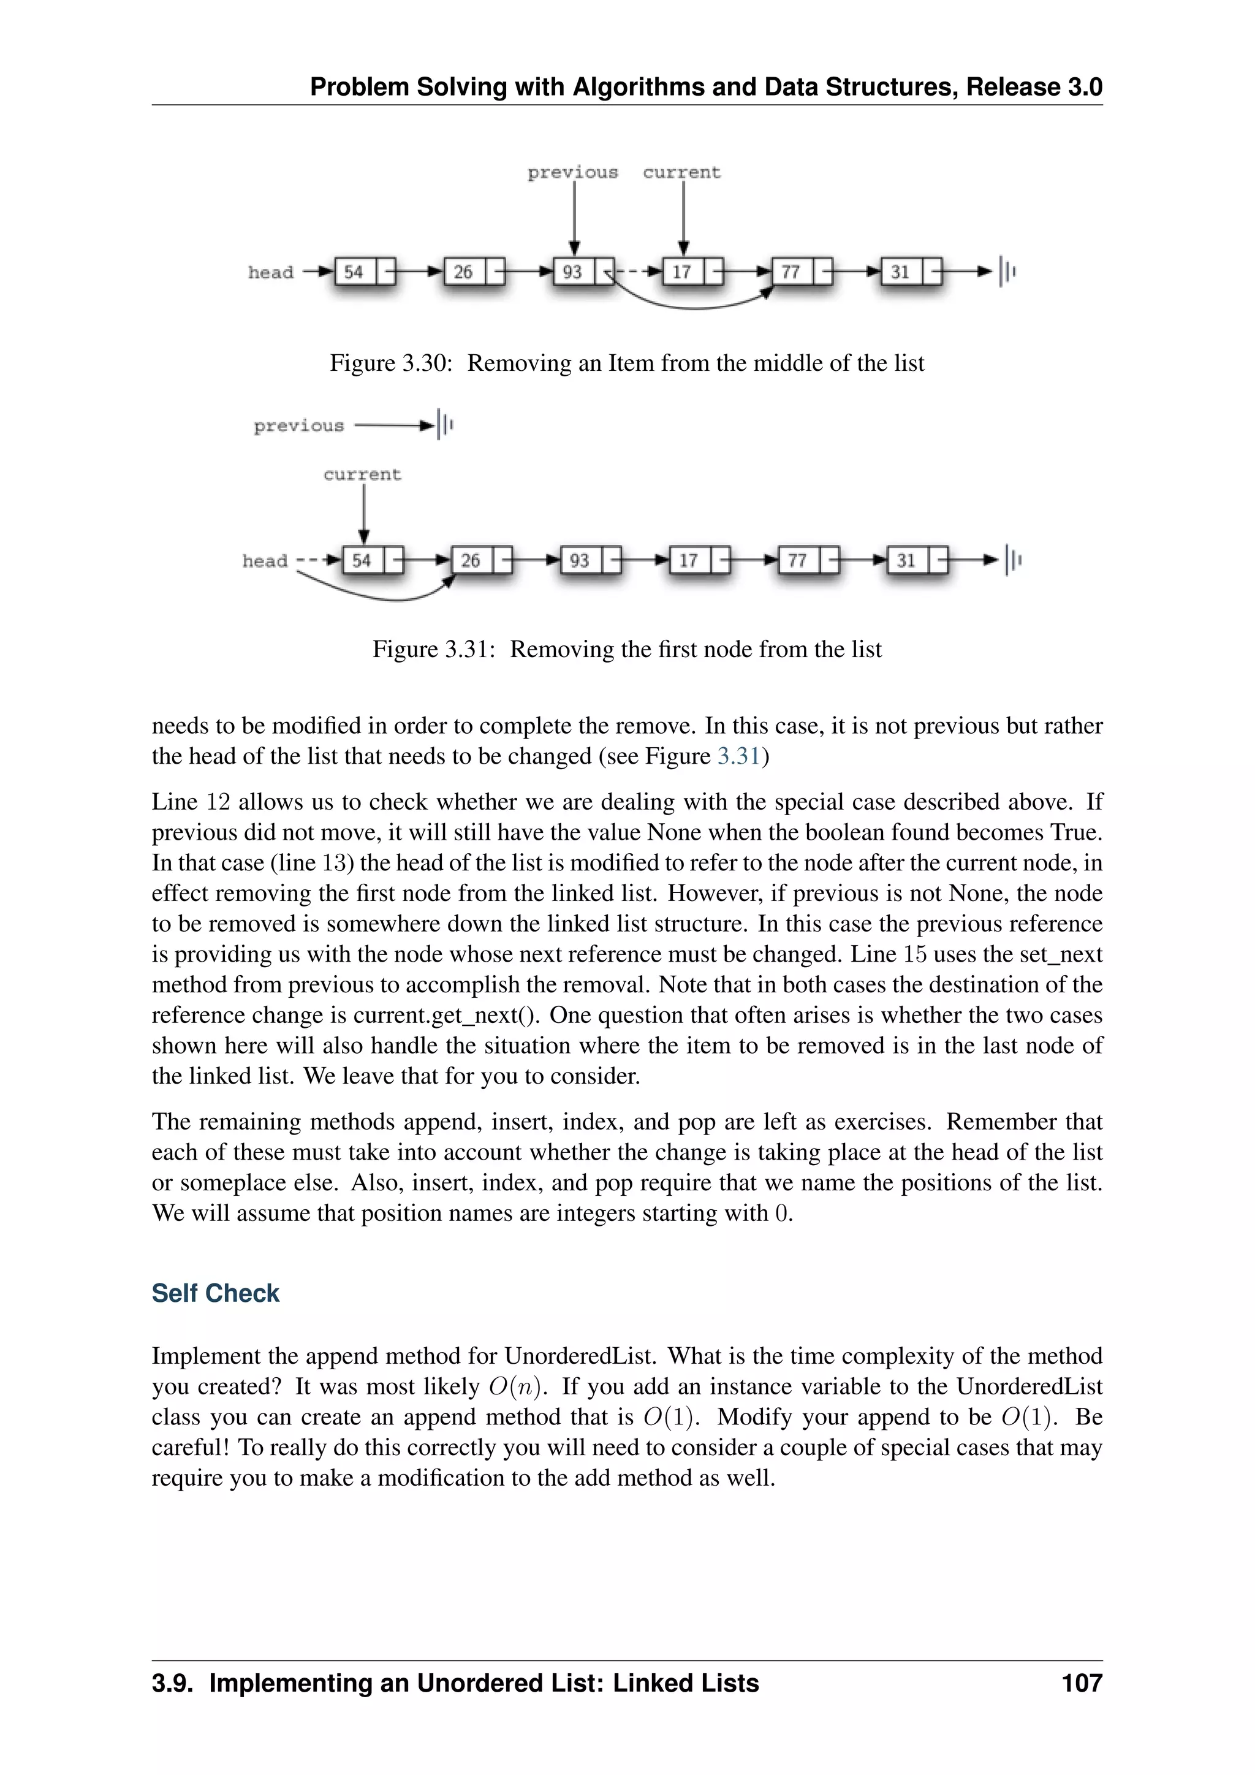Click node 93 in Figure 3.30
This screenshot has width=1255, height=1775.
coord(572,272)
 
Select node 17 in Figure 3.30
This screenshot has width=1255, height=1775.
coord(681,272)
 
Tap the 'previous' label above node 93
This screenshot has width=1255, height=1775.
coord(572,172)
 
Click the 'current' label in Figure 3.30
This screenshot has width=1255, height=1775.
coord(681,172)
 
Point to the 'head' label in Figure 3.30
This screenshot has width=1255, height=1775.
coord(270,272)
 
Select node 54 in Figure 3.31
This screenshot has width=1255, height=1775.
coord(362,560)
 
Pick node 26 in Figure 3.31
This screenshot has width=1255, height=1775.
coord(471,560)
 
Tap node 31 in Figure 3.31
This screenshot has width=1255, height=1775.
coord(906,560)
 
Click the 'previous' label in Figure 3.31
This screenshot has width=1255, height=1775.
coord(298,425)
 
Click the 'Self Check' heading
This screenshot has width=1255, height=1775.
coord(215,1293)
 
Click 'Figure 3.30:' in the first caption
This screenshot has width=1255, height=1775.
coord(390,363)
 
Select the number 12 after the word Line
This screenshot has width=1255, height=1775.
coord(219,802)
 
